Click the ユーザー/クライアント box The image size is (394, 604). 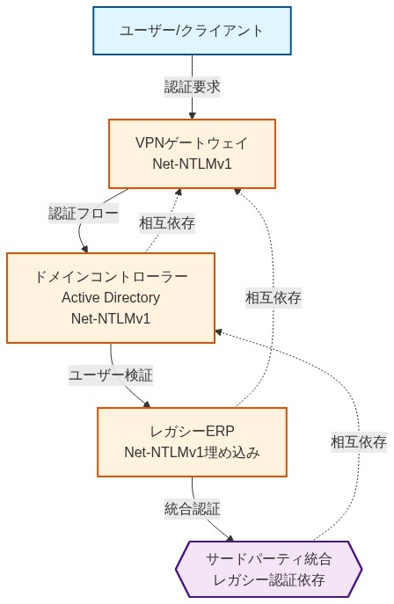tap(192, 31)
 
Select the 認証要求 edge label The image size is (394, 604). tap(192, 87)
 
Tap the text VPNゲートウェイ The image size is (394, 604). tap(192, 143)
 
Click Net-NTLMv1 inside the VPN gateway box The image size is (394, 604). tap(192, 164)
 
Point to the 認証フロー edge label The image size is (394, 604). tap(83, 214)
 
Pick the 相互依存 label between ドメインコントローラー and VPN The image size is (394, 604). tap(167, 223)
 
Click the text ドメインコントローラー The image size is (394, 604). tap(111, 276)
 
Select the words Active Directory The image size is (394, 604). tap(111, 297)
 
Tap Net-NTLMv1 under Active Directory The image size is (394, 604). tap(111, 318)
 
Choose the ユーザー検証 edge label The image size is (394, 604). tap(111, 375)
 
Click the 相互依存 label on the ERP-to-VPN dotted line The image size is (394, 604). tap(274, 298)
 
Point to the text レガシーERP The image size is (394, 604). tap(192, 432)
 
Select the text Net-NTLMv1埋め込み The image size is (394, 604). tap(192, 453)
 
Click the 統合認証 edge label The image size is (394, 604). tap(192, 509)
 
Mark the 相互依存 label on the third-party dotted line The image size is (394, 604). tap(359, 442)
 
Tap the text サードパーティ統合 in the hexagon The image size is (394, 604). tap(269, 559)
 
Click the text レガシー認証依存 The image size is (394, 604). tap(269, 580)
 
